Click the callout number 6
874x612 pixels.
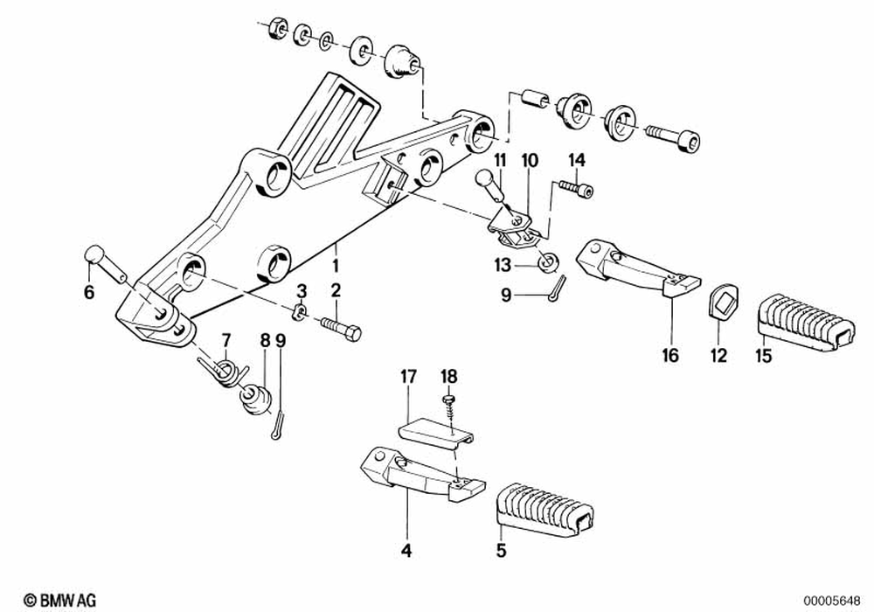(87, 294)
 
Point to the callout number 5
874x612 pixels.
(500, 552)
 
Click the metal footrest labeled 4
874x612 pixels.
(420, 476)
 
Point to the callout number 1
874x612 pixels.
(334, 261)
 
